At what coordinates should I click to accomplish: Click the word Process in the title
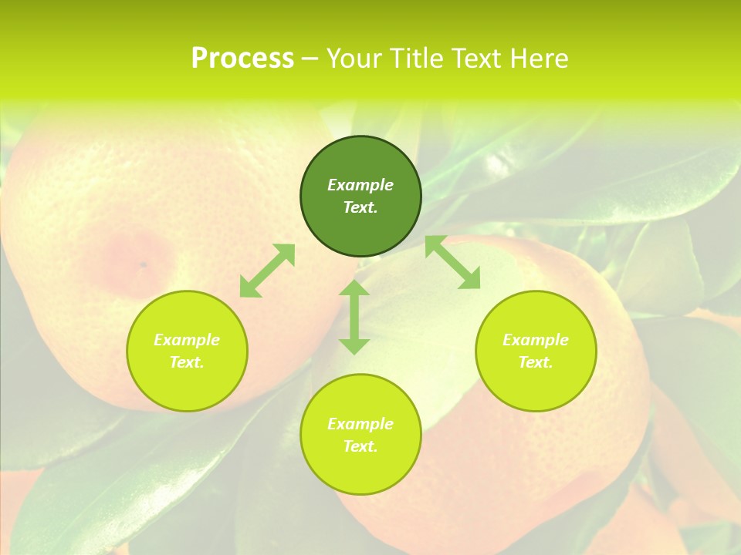[242, 59]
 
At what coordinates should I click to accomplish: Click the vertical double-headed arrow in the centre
[354, 317]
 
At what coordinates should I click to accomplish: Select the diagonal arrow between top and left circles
[267, 271]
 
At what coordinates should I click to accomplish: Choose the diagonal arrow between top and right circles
[453, 262]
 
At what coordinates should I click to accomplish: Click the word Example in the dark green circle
[360, 185]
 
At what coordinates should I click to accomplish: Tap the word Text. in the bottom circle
[360, 446]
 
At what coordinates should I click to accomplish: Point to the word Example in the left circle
[187, 340]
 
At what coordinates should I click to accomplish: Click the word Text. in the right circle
[536, 362]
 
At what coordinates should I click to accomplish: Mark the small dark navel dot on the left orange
[143, 264]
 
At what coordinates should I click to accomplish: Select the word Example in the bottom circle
[360, 424]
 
